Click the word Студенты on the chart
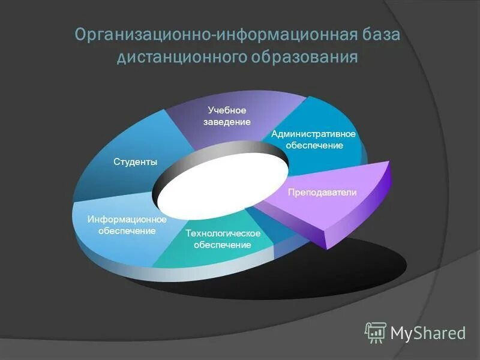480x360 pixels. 136,162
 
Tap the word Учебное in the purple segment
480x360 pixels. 227,110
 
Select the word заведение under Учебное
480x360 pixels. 227,122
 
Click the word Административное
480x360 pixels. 314,134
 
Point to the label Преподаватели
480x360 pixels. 322,193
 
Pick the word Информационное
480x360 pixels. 127,220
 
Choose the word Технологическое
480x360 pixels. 223,233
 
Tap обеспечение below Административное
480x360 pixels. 314,145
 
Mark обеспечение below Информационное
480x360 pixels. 127,231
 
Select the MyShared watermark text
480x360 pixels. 428,333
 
